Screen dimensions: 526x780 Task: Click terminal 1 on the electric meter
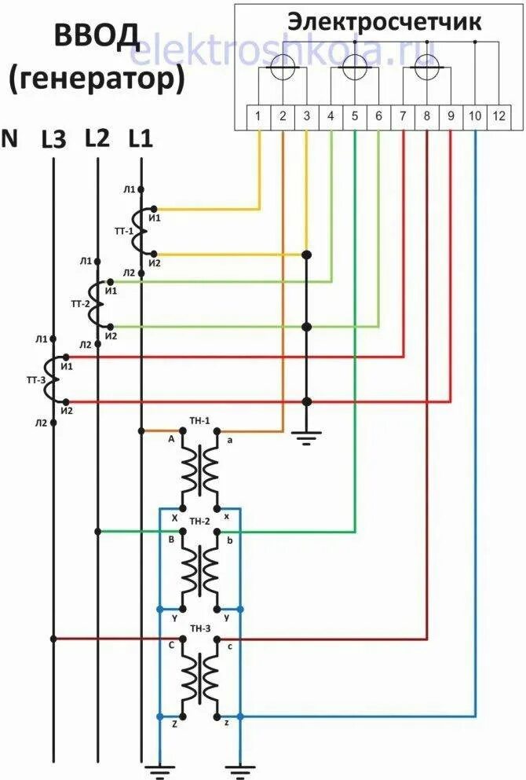pos(258,117)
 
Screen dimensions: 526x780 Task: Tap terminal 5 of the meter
pos(355,117)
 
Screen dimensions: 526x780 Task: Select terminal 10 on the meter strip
pos(475,117)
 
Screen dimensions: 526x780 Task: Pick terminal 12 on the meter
pos(499,117)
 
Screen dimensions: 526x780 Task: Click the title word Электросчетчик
pos(383,22)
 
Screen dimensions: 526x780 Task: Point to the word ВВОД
pos(97,35)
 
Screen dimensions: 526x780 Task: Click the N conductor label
pos(10,140)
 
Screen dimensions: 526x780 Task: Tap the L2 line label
pos(97,140)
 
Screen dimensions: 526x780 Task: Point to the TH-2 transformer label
pos(200,522)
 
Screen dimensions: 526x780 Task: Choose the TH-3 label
pos(200,629)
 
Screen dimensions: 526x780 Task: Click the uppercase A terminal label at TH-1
pos(170,440)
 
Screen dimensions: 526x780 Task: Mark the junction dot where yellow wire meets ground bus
pos(306,255)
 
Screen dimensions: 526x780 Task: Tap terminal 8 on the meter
pos(426,117)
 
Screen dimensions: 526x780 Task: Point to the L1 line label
pos(141,140)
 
